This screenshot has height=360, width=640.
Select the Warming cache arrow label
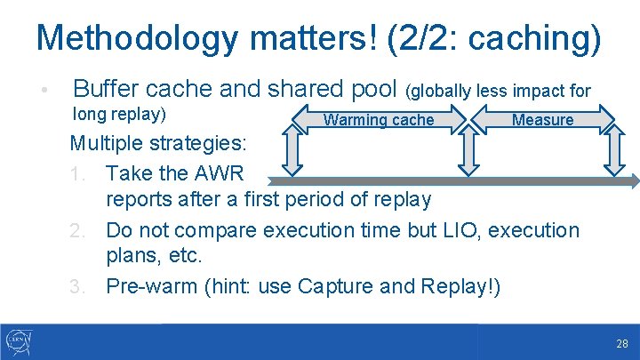pyautogui.click(x=379, y=120)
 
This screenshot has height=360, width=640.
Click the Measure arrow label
pyautogui.click(x=542, y=120)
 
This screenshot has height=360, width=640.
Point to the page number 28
pyautogui.click(x=621, y=342)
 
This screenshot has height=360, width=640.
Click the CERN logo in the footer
pyautogui.click(x=19, y=341)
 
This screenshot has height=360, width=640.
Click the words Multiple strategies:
pyautogui.click(x=160, y=143)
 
